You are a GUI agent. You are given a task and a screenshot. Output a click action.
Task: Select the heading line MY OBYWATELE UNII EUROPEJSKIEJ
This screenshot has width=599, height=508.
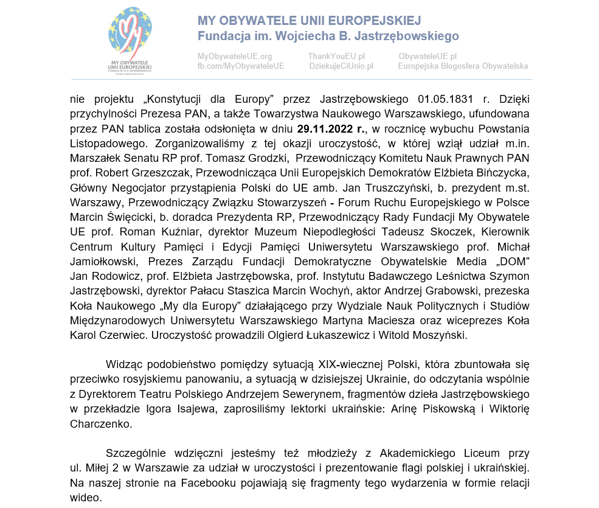tap(309, 21)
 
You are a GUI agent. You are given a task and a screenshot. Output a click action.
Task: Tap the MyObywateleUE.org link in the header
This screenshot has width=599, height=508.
tap(235, 57)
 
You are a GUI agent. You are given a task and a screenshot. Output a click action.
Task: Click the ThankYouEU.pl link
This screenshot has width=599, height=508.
tap(336, 57)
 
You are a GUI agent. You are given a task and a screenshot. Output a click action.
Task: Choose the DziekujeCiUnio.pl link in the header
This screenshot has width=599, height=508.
tap(341, 66)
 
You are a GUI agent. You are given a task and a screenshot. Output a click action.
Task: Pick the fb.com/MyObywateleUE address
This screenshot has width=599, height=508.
tap(241, 66)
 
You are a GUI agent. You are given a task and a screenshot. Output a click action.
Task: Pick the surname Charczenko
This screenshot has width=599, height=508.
tap(97, 423)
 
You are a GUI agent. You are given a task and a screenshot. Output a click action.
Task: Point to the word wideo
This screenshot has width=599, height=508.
tap(85, 497)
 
